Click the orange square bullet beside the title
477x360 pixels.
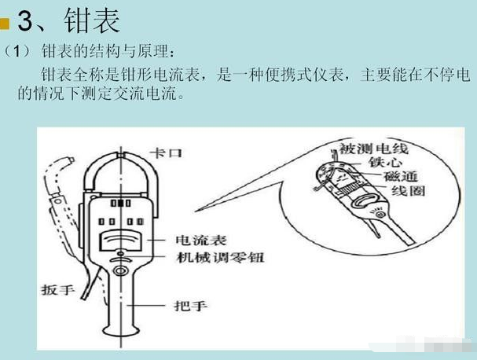pos(5,24)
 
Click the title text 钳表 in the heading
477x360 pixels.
pos(92,20)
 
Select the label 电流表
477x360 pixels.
pos(201,240)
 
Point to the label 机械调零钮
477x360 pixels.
pos(220,258)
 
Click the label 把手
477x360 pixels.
pos(191,306)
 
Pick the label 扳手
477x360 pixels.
pos(58,289)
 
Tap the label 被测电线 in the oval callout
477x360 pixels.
pos(373,149)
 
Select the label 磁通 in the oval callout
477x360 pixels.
pos(401,177)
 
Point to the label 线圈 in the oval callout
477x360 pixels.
pos(409,191)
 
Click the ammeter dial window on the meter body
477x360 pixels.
pos(120,241)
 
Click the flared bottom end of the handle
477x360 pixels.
pos(121,331)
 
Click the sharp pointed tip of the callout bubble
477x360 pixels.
pos(196,211)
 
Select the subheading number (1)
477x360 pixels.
pos(17,51)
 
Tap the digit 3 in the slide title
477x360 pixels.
pos(25,21)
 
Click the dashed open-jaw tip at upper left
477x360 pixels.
pos(69,160)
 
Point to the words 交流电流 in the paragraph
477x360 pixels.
pos(145,94)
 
